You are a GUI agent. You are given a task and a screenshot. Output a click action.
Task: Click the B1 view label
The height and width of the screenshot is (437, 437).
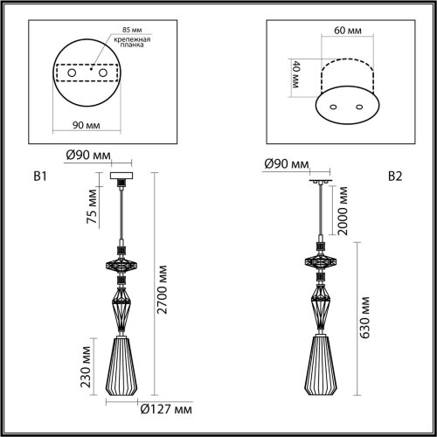pyautogui.click(x=38, y=176)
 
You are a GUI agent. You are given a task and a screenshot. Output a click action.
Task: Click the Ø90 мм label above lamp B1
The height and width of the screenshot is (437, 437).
pyautogui.click(x=89, y=156)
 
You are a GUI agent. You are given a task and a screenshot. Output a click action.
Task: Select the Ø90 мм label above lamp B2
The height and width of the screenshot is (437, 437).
pyautogui.click(x=288, y=164)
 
